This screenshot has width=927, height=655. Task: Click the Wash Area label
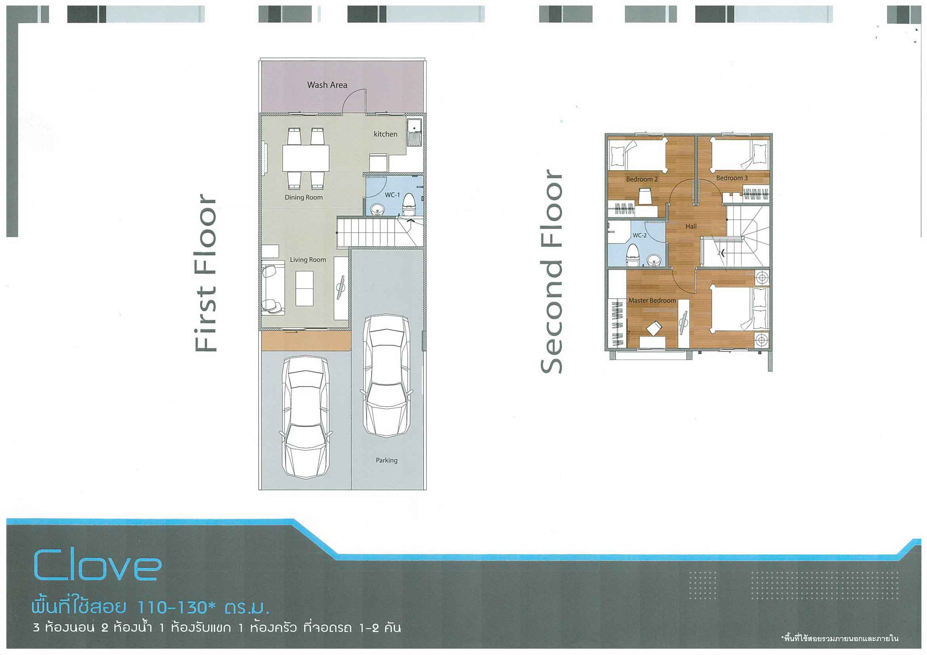[x=327, y=85]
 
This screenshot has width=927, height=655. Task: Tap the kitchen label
[x=385, y=134]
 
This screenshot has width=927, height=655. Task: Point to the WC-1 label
[x=392, y=195]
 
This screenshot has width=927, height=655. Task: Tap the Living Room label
[x=308, y=260]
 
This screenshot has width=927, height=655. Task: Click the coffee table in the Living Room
[x=304, y=289]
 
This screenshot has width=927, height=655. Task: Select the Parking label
[x=386, y=460]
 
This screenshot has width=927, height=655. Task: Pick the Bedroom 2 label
[x=642, y=179]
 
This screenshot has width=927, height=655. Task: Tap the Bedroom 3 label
[x=732, y=178]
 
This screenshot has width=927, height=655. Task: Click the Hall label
[x=691, y=227]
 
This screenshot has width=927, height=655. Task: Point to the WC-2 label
[x=639, y=235]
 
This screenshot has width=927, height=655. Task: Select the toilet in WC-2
[x=632, y=255]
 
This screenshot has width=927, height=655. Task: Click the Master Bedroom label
[x=652, y=301]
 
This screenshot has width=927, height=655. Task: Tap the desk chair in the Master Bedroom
[x=654, y=328]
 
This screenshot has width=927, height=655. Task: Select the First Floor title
[x=206, y=273]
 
